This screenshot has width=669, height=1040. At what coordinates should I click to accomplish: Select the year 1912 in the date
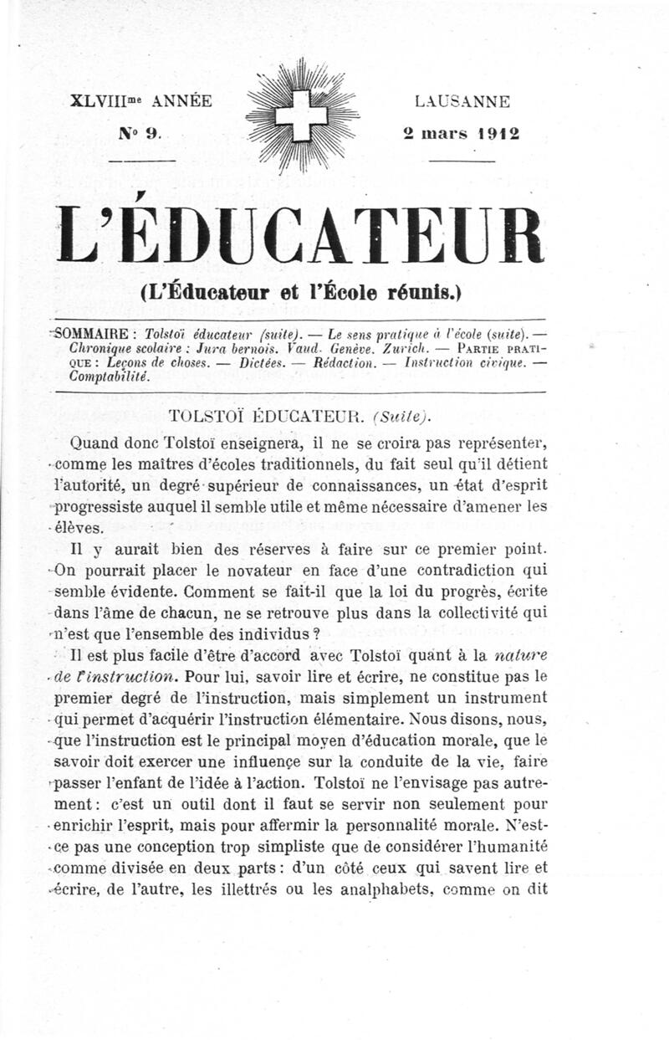(x=499, y=132)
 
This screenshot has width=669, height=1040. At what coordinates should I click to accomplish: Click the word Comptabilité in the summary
(x=110, y=377)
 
